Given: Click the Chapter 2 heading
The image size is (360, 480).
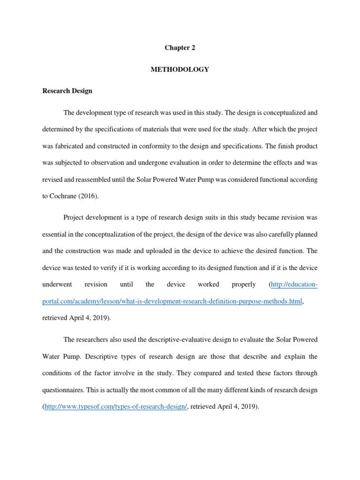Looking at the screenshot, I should coord(180,48).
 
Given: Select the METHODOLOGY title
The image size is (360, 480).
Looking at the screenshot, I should coord(180,69).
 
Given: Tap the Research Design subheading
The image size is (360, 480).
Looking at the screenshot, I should coord(67,91).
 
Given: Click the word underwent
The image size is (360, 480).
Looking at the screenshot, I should coord(56,285).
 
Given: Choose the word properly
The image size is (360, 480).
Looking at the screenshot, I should coord(244,285).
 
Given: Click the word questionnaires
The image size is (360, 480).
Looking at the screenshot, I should coord(63,390).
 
